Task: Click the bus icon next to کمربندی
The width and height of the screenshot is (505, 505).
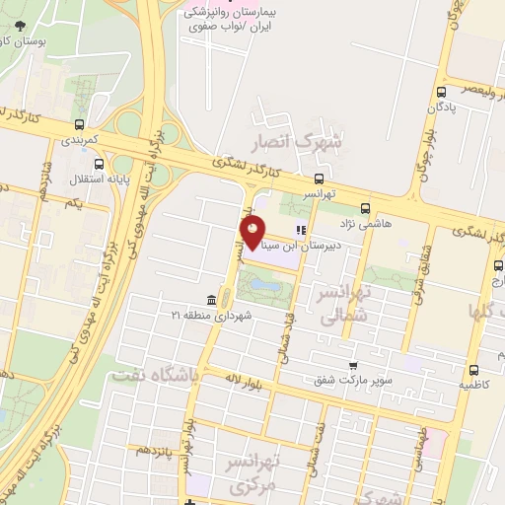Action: click(78, 124)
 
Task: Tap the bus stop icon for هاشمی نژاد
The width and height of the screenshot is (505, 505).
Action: click(366, 208)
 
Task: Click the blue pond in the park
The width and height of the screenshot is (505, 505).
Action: click(263, 285)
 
